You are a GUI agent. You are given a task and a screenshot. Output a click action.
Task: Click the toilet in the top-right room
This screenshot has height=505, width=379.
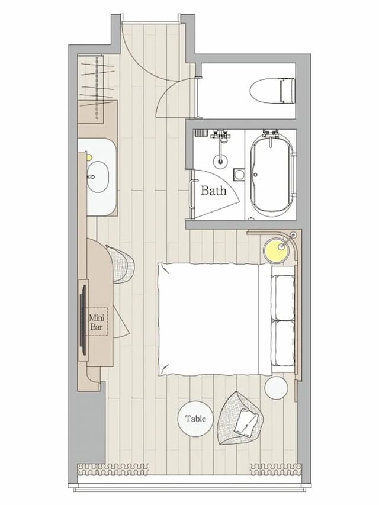coord(272,91)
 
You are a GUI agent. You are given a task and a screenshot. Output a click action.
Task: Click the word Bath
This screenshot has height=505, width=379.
coord(213,191)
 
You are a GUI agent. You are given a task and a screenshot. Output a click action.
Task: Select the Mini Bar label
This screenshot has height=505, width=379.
coord(97,322)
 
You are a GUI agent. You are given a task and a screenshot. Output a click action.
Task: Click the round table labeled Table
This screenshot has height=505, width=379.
coord(195,419)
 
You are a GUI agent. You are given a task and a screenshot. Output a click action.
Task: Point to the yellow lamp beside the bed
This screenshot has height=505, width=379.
coord(276,250)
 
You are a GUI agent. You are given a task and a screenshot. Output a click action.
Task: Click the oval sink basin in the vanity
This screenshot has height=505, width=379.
coord(98,177)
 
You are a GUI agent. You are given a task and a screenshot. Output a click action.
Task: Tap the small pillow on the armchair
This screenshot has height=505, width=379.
coord(246,421)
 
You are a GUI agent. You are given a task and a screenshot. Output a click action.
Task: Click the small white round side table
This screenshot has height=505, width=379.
coord(276,388)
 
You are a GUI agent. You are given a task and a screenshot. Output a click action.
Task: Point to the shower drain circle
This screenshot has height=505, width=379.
coord(220,162)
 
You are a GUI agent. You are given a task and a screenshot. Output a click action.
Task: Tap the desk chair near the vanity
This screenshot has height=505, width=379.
coord(122,265)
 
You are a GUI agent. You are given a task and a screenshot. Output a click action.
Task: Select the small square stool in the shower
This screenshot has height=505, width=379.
coord(239,175)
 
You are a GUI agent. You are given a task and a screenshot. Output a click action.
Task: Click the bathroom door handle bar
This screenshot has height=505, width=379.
coord(192,195)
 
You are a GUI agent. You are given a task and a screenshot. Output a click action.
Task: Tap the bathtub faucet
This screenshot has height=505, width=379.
coord(270,134)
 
